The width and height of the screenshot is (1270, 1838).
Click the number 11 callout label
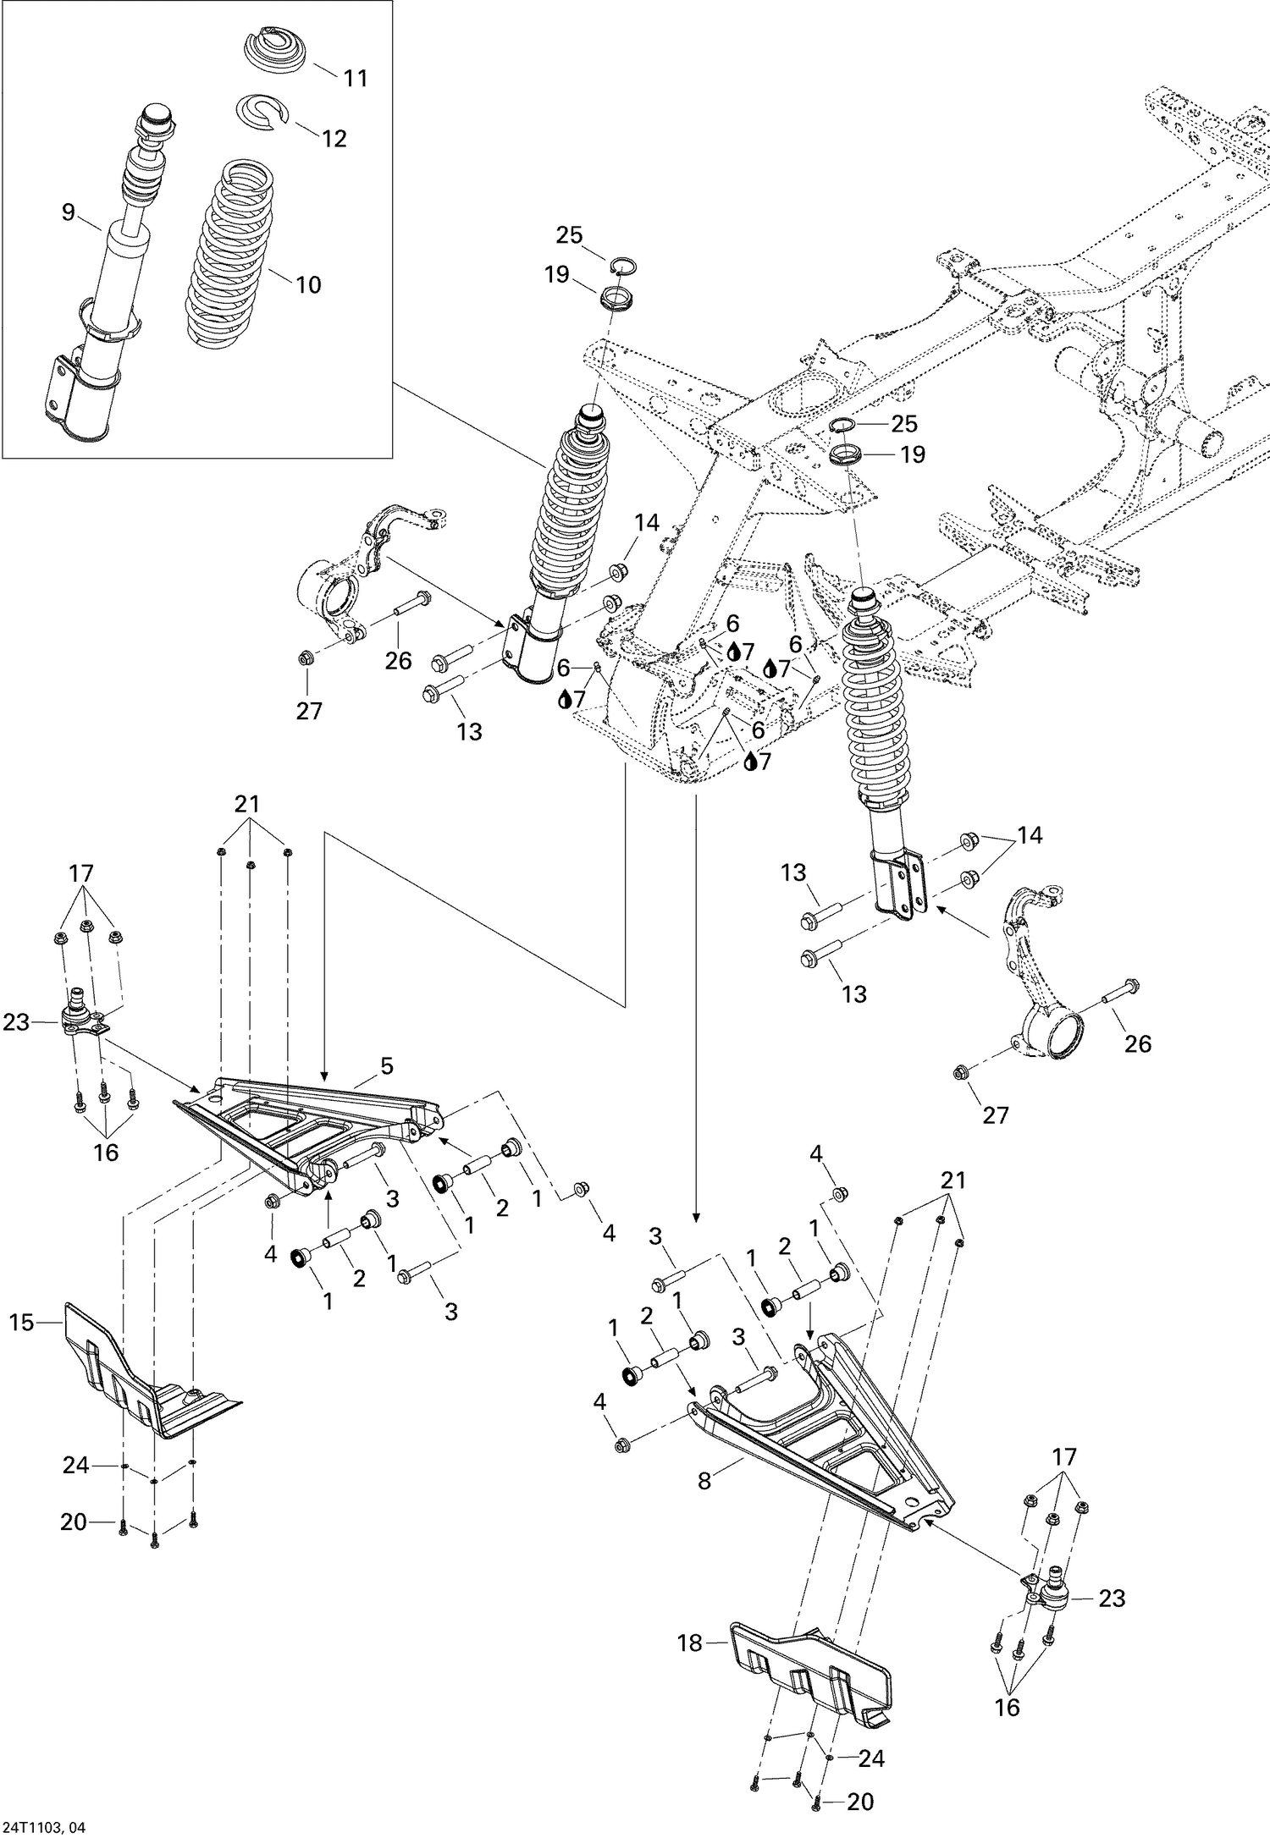click(x=356, y=78)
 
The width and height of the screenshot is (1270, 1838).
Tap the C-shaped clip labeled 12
click(x=262, y=113)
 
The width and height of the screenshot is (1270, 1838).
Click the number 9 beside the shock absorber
click(x=69, y=212)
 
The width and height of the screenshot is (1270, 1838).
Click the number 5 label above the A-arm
click(x=386, y=1066)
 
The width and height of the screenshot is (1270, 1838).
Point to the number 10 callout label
click(x=309, y=285)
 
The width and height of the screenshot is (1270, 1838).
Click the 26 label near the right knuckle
click(x=1138, y=1043)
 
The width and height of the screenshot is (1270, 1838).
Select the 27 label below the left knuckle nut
click(x=309, y=711)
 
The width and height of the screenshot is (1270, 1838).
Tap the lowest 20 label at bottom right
click(x=860, y=1802)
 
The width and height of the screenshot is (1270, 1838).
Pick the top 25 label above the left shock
click(x=569, y=235)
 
